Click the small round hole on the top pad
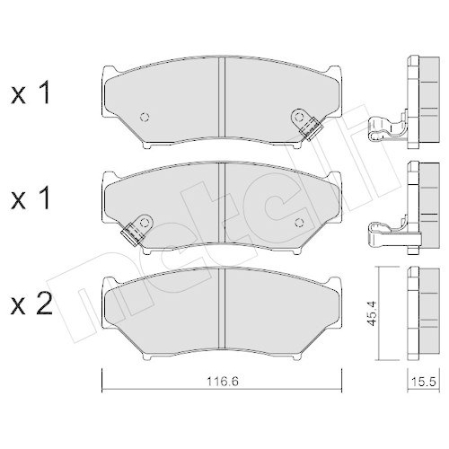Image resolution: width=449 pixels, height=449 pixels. pos(146,118)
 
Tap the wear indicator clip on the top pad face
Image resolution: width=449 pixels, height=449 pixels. pos(306,123)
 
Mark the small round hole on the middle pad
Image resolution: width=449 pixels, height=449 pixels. pos(299,221)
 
